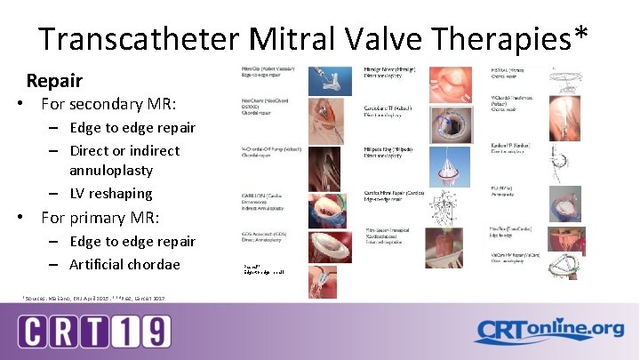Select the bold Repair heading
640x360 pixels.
tap(54, 81)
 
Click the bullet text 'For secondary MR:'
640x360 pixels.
tap(98, 104)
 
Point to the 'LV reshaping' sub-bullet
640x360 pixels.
tap(111, 193)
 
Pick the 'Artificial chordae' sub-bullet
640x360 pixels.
tap(124, 264)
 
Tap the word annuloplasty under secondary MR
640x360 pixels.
tap(111, 170)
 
